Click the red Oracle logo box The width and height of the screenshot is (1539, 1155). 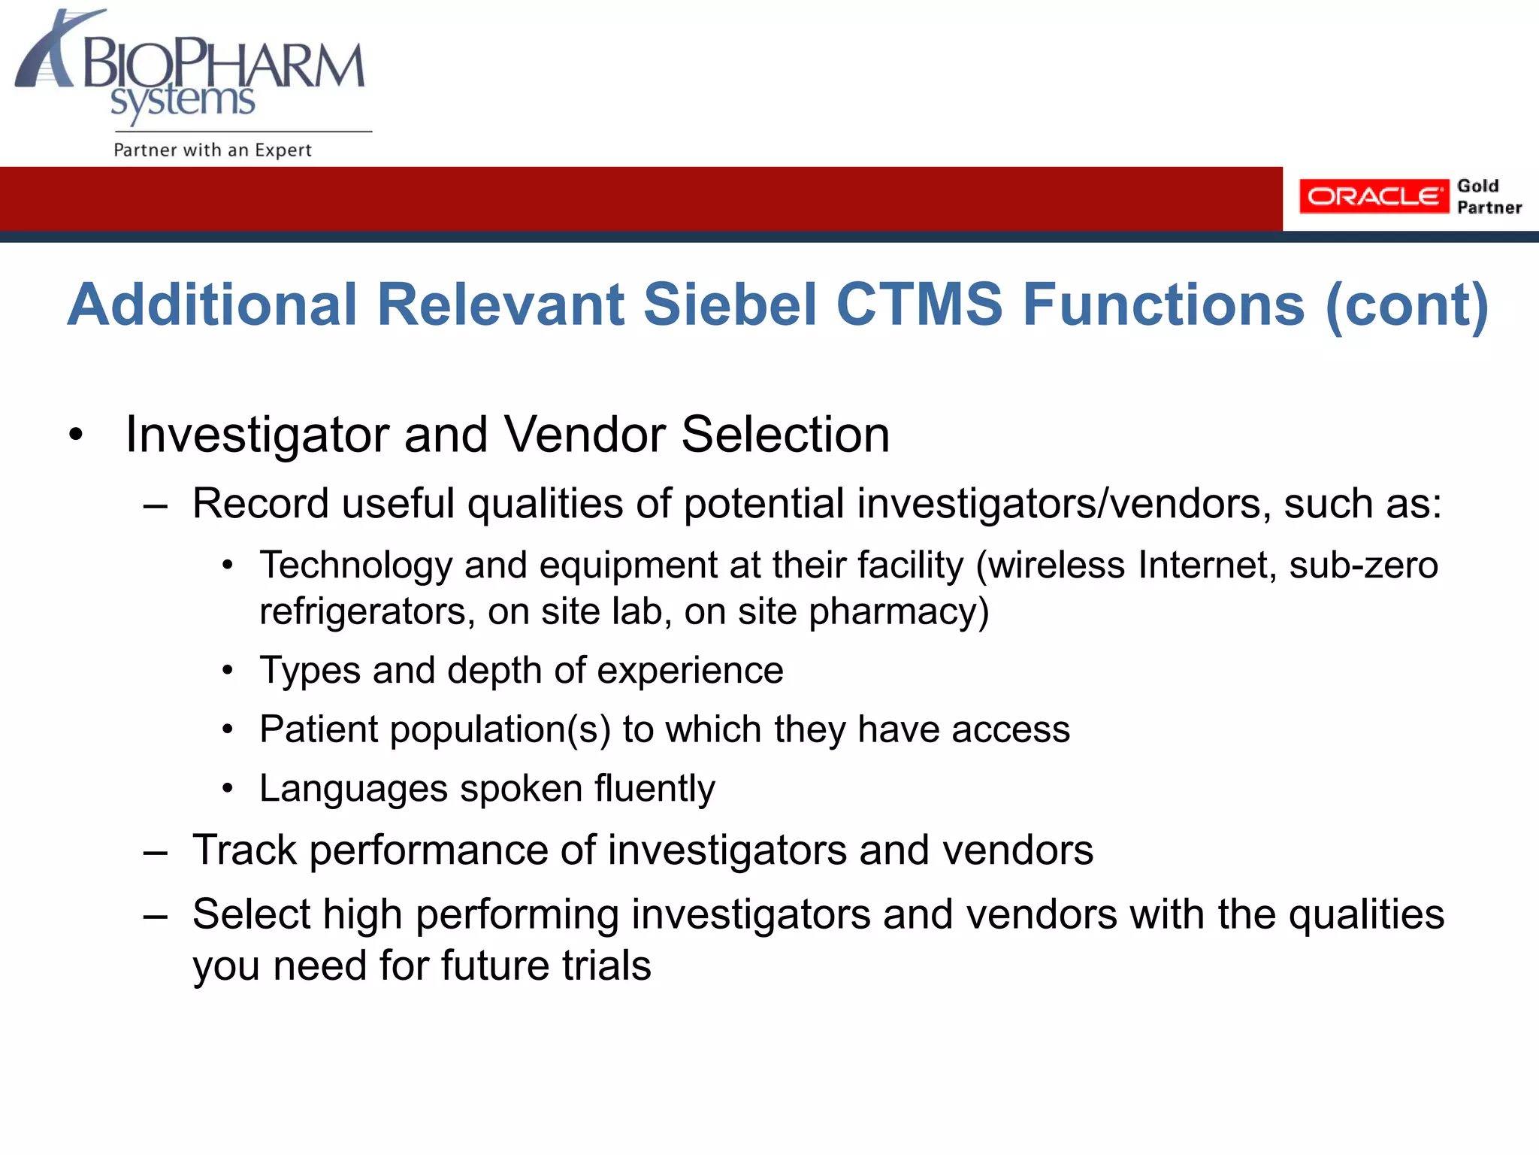(1373, 196)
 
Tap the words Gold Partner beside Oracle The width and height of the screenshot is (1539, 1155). (1488, 196)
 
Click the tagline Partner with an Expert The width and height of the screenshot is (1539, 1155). (212, 150)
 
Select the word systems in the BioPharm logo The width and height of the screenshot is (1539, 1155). (183, 102)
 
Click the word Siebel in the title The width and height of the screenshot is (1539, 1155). (730, 305)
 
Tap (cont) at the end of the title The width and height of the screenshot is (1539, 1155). (1406, 305)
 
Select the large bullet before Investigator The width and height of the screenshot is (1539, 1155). (75, 435)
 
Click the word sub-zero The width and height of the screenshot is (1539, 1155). (1363, 565)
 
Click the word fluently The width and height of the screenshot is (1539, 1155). (655, 789)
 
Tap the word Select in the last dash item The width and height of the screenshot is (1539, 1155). (252, 914)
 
